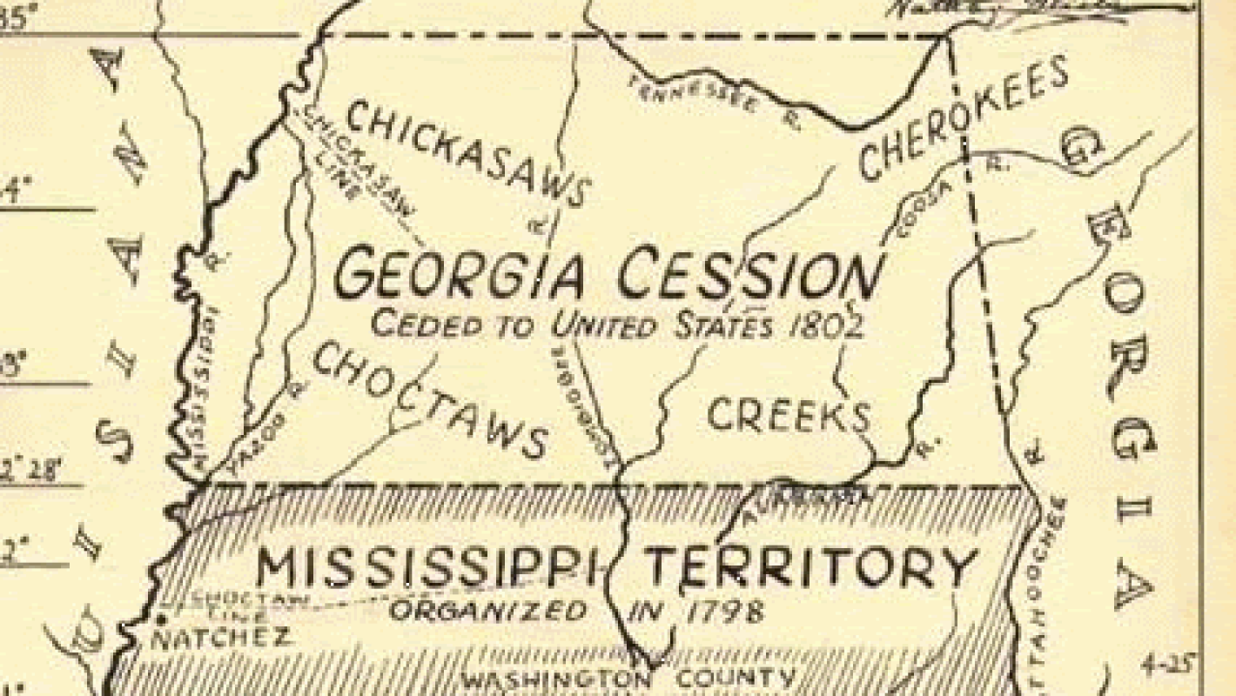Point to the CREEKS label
tap(789, 415)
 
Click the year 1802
tap(823, 325)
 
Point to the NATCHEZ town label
tap(221, 638)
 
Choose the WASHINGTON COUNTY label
tap(627, 679)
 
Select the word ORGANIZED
tap(487, 610)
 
